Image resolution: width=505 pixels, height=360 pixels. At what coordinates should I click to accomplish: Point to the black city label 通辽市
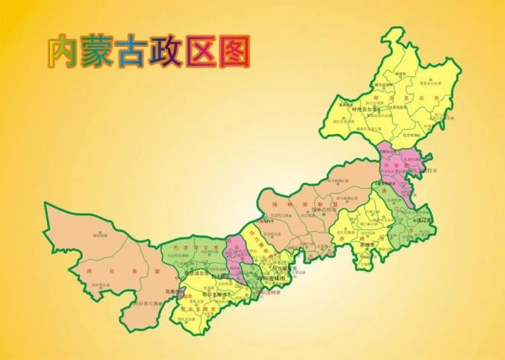point(424,221)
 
